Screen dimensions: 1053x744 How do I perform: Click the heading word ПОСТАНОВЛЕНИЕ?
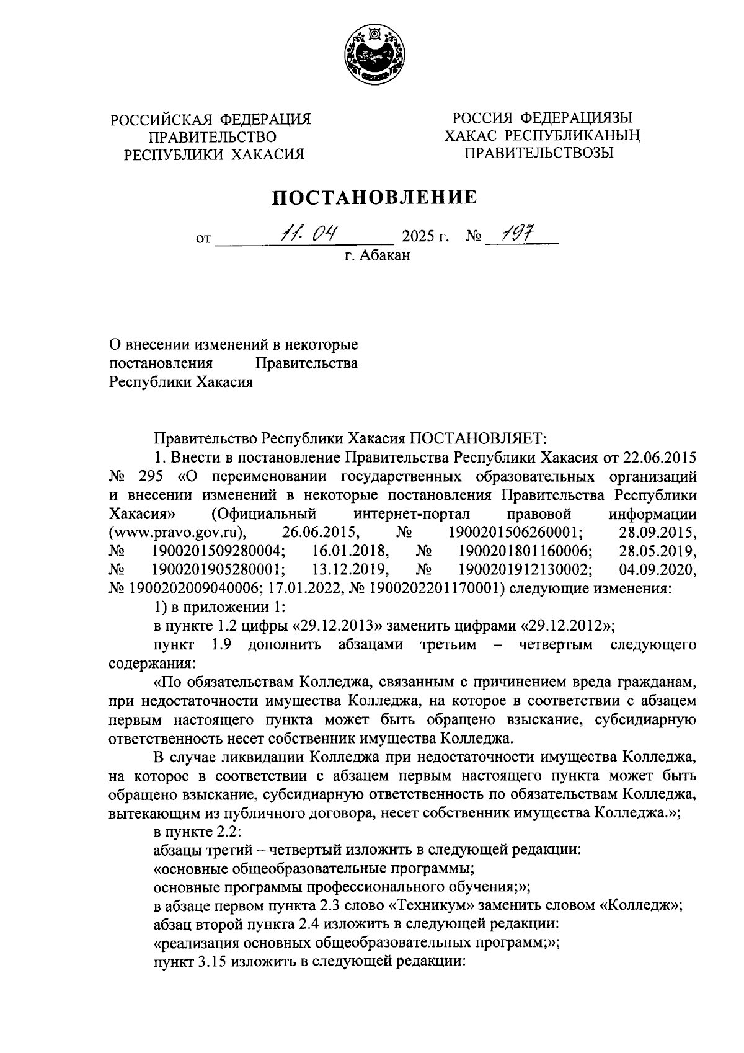376,197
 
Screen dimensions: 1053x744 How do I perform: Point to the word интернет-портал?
412,513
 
